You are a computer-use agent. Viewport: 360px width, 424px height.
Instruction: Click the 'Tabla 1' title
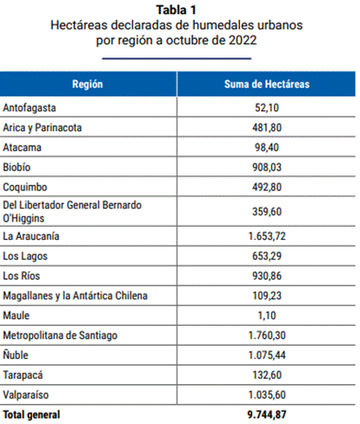pyautogui.click(x=177, y=10)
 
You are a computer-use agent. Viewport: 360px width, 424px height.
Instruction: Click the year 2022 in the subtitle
pyautogui.click(x=243, y=40)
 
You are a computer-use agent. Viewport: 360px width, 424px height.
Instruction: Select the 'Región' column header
pyautogui.click(x=88, y=84)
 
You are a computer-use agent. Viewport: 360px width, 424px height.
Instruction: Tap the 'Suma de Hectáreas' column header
pyautogui.click(x=267, y=84)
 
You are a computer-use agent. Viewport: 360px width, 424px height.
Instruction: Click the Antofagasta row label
pyautogui.click(x=30, y=108)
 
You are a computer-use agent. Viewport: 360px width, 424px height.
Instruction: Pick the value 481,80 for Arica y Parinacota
pyautogui.click(x=267, y=128)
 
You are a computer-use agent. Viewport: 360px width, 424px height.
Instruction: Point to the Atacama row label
pyautogui.click(x=22, y=148)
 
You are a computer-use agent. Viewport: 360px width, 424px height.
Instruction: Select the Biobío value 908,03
pyautogui.click(x=267, y=167)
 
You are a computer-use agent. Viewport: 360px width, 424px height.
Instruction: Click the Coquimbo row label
pyautogui.click(x=25, y=187)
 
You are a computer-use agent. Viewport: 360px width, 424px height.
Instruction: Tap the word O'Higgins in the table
pyautogui.click(x=23, y=218)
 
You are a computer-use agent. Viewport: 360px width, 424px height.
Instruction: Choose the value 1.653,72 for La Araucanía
pyautogui.click(x=267, y=236)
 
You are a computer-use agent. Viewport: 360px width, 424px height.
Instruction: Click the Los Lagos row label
pyautogui.click(x=25, y=256)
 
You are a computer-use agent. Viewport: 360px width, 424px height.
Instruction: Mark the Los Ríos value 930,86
pyautogui.click(x=267, y=275)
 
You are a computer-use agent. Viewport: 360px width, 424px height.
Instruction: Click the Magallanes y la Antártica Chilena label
pyautogui.click(x=75, y=295)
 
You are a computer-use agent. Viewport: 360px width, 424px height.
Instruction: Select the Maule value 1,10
pyautogui.click(x=267, y=315)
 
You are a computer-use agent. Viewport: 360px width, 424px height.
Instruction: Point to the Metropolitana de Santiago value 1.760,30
pyautogui.click(x=267, y=335)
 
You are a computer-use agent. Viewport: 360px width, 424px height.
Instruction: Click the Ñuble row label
pyautogui.click(x=16, y=354)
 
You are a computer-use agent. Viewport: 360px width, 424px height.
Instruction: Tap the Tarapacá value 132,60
pyautogui.click(x=267, y=375)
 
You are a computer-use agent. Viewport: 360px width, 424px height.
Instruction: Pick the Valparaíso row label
pyautogui.click(x=26, y=394)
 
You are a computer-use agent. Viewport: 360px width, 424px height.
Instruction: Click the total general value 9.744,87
pyautogui.click(x=267, y=414)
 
